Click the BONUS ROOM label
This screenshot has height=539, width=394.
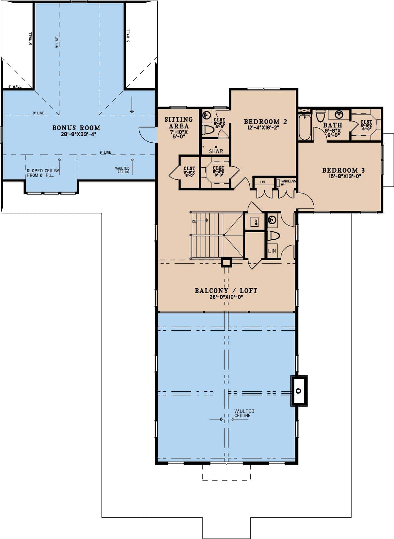(76, 128)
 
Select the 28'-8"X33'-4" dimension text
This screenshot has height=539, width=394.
(76, 134)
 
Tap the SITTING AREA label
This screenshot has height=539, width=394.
(179, 122)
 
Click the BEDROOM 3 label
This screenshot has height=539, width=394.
(343, 170)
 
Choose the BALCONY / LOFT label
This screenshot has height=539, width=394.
(226, 291)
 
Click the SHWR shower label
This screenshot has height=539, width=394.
(216, 151)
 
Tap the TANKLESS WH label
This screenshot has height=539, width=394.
(287, 182)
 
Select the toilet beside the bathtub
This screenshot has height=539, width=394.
(320, 116)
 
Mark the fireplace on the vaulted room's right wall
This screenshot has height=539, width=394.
(299, 391)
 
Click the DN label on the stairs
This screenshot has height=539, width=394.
(194, 221)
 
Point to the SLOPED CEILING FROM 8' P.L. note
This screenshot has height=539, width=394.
(43, 173)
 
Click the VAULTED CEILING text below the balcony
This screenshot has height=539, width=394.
(244, 413)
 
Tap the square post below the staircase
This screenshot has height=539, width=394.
(227, 262)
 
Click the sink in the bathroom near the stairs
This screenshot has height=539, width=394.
(272, 220)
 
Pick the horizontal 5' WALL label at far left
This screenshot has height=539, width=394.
(15, 87)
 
